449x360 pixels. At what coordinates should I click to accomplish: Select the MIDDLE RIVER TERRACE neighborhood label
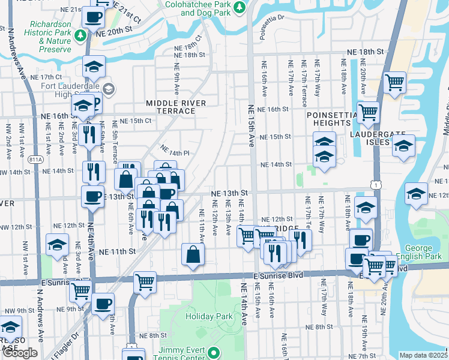click(x=176, y=107)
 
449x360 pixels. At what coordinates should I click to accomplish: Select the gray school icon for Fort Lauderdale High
click(x=108, y=90)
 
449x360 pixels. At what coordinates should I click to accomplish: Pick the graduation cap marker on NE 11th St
click(x=57, y=245)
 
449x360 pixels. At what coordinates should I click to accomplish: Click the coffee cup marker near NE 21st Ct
click(x=93, y=17)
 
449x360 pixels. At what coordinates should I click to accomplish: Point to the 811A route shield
click(x=36, y=160)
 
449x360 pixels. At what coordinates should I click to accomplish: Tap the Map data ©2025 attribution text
click(x=423, y=355)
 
